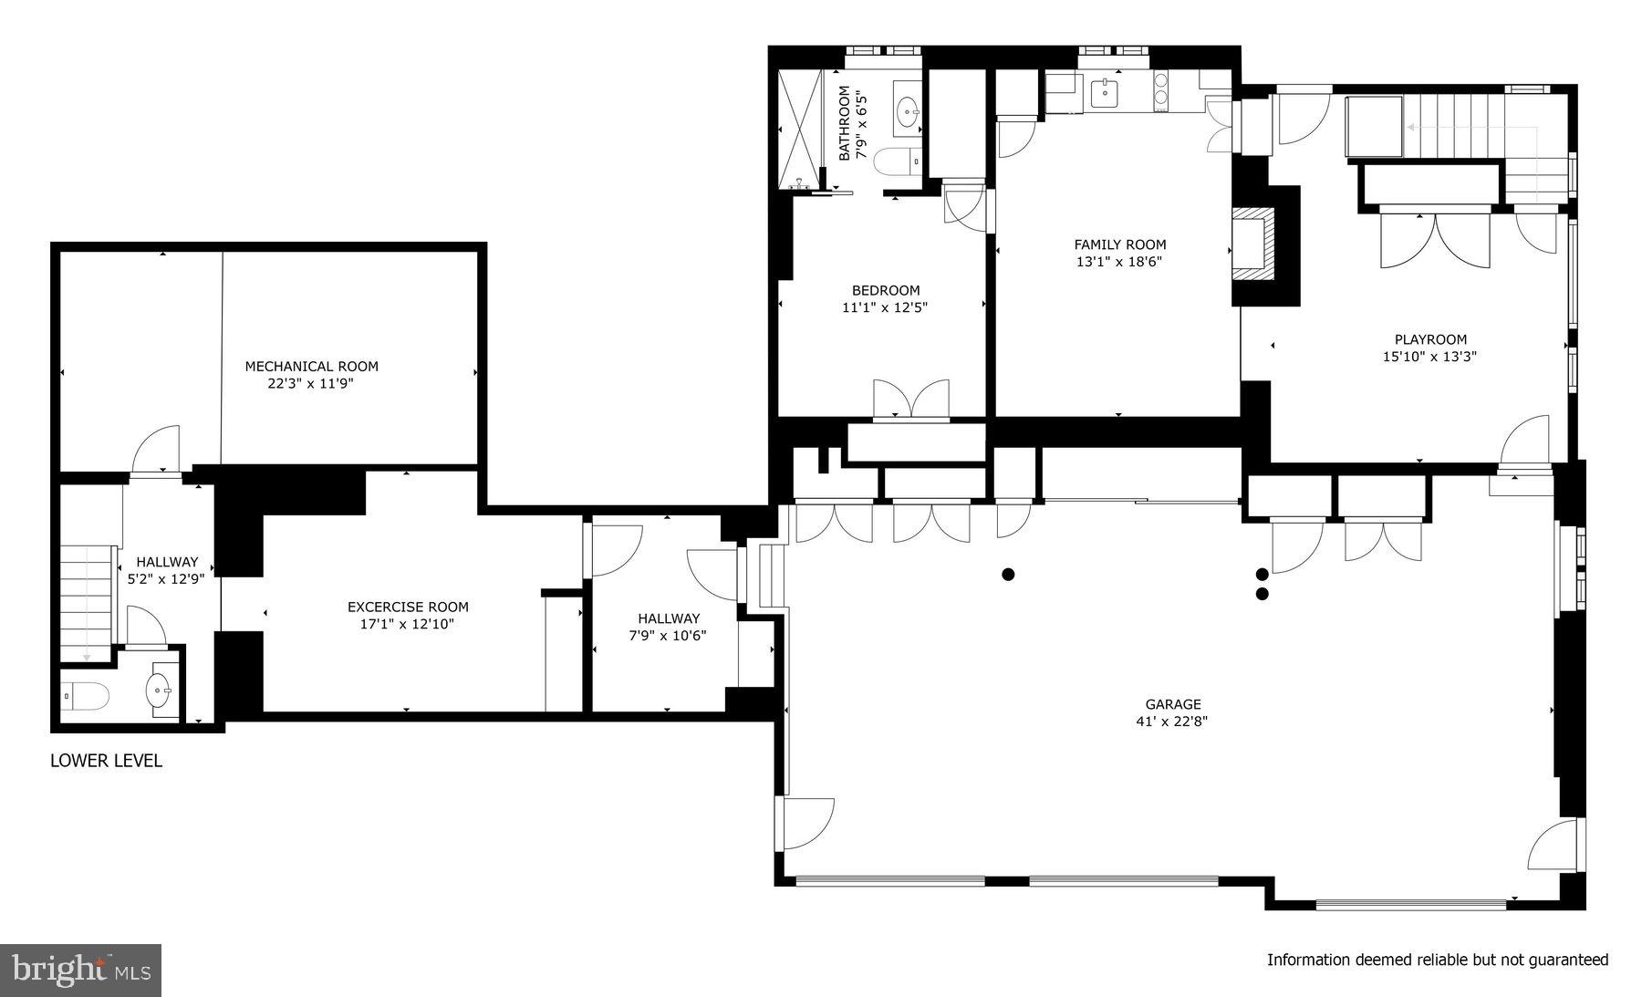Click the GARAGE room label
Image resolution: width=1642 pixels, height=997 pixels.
pyautogui.click(x=1173, y=703)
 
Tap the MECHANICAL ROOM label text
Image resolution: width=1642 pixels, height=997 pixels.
pyautogui.click(x=311, y=366)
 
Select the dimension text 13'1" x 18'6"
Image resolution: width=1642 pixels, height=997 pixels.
pyautogui.click(x=1119, y=262)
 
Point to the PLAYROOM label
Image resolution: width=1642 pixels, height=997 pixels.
pyautogui.click(x=1429, y=339)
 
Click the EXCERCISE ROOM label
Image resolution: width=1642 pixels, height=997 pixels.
pyautogui.click(x=408, y=607)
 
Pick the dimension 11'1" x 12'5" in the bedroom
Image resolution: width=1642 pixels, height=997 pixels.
pyautogui.click(x=885, y=308)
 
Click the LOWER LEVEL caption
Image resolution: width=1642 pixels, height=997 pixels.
pyautogui.click(x=106, y=761)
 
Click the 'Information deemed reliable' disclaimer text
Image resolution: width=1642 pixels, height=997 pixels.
pyautogui.click(x=1437, y=960)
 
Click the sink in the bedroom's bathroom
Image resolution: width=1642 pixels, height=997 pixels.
pyautogui.click(x=908, y=114)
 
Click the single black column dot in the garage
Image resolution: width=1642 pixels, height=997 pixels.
pyautogui.click(x=1008, y=574)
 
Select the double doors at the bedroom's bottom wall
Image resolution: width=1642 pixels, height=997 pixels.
pyautogui.click(x=910, y=400)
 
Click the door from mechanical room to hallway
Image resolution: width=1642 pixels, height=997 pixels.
pyautogui.click(x=156, y=452)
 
